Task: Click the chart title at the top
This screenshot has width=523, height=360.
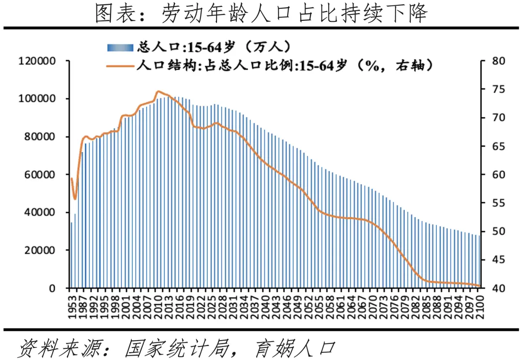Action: point(261,14)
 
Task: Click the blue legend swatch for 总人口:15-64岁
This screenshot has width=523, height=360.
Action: point(120,47)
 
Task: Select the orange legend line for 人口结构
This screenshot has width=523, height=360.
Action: point(120,66)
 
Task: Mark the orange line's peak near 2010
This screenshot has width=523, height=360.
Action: point(158,91)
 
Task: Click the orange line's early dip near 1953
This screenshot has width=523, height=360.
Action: point(75,198)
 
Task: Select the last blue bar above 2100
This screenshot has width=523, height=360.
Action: point(479,262)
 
